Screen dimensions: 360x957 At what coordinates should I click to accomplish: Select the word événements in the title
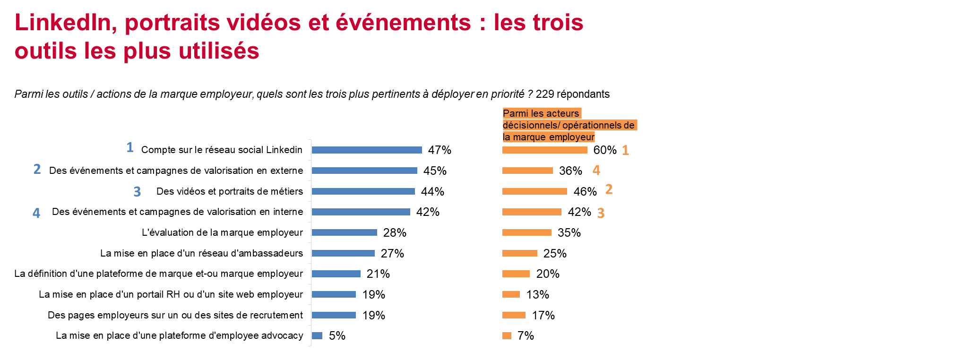pos(403,23)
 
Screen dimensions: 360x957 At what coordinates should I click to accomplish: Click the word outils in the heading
pos(45,51)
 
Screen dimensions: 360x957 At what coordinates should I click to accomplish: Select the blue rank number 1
pos(130,147)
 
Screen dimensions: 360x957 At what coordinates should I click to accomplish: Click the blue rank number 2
pos(37,169)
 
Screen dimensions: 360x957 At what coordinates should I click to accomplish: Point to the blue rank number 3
pos(137,191)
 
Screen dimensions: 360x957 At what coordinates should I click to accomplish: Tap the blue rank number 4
pos(36,213)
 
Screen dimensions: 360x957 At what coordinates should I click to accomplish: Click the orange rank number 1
pos(625,150)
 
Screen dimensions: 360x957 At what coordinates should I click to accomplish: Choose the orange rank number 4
pos(596,170)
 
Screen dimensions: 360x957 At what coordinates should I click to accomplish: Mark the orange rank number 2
pos(609,189)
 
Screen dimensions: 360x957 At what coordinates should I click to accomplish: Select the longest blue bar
pos(367,150)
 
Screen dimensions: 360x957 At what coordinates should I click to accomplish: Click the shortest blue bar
pos(317,335)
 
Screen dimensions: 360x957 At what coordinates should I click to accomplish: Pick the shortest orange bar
pos(507,335)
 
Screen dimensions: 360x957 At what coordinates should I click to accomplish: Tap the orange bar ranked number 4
pos(527,171)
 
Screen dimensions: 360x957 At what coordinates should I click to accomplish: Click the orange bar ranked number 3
pos(532,212)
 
